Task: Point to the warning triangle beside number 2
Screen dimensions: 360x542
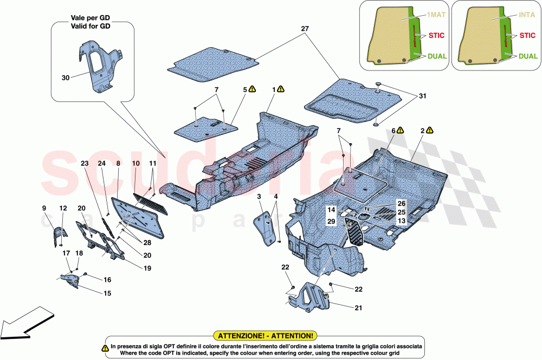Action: [x=430, y=130]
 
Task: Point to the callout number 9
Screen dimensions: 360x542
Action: [x=44, y=208]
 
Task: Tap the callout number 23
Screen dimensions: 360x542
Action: [x=85, y=163]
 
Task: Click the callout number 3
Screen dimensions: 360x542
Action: [x=260, y=196]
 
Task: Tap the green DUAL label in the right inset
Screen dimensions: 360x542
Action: [x=527, y=56]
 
